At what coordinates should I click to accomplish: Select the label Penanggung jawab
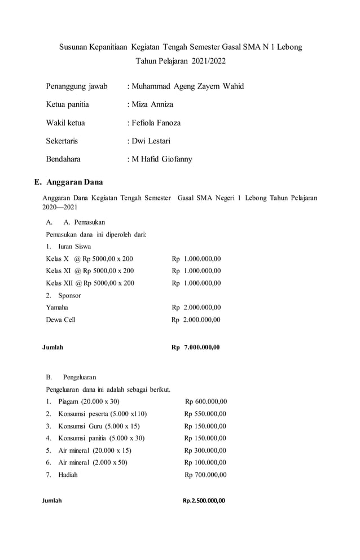pos(77,86)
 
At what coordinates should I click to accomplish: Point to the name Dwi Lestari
pos(151,141)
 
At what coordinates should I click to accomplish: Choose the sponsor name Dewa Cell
pos(60,320)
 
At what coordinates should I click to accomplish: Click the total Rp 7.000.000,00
pos(196,347)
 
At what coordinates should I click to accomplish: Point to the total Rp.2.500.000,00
pos(204,500)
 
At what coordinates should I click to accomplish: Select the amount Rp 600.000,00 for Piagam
pos(206,401)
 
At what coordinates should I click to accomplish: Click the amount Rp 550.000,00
pos(205,414)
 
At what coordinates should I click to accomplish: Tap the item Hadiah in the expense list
pos(68,475)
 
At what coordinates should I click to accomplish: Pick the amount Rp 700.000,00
pos(206,475)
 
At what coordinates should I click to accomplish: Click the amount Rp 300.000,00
pos(205,450)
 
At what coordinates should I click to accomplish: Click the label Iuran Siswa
pos(74,246)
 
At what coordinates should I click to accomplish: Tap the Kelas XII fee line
pos(90,283)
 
